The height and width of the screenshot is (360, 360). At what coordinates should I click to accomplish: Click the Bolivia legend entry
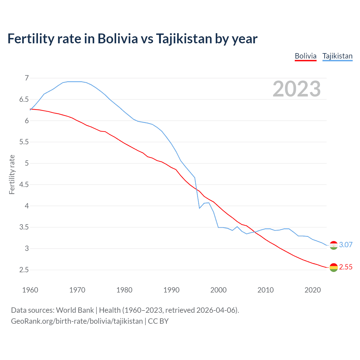click(x=305, y=56)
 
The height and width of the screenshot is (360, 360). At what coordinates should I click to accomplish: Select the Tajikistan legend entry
click(x=337, y=56)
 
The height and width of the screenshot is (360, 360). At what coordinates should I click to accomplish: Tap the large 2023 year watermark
click(x=296, y=89)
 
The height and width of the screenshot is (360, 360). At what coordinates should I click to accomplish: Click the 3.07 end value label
click(x=346, y=245)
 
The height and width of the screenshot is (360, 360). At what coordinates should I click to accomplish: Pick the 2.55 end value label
click(x=346, y=267)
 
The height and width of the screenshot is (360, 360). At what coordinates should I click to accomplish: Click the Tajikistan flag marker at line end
click(x=334, y=245)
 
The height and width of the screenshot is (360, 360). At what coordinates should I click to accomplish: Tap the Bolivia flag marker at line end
click(x=334, y=267)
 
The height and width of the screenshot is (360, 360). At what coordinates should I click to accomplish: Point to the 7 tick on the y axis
click(x=27, y=78)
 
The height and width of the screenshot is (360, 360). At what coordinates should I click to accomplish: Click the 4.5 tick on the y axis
click(x=24, y=184)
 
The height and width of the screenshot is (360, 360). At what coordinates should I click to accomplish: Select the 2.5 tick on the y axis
click(x=24, y=270)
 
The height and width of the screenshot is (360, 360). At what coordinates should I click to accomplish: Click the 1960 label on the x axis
click(x=30, y=290)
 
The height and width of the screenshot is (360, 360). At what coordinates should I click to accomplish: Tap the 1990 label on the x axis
click(x=171, y=290)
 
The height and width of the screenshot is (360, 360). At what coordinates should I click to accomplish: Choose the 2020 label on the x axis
click(x=312, y=290)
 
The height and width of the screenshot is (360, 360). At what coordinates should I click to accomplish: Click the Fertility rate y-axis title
click(x=12, y=174)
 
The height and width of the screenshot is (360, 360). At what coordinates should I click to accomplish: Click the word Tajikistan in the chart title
click(x=184, y=39)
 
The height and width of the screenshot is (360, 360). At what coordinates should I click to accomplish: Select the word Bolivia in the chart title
click(x=118, y=39)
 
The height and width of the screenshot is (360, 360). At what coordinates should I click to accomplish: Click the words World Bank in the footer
click(x=75, y=310)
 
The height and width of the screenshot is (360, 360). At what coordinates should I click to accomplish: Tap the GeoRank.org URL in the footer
click(x=77, y=321)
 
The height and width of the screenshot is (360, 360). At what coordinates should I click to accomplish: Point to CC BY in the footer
click(x=158, y=321)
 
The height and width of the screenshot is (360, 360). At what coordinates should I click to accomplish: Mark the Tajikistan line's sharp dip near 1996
click(x=199, y=208)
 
